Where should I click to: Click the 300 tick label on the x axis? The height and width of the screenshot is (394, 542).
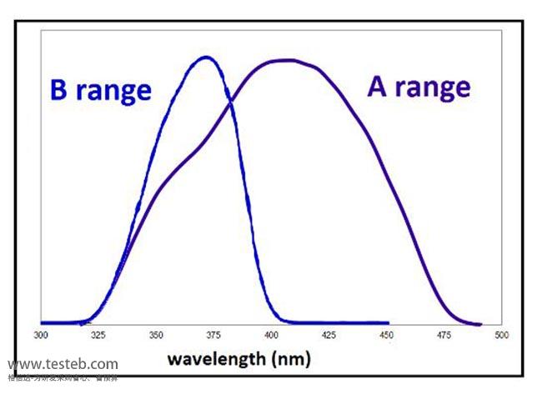coord(40,335)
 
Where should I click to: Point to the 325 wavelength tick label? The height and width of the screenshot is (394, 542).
coord(98,335)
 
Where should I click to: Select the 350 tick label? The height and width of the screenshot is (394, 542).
coord(155,335)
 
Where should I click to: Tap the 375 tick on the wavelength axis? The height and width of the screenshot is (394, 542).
coord(213,335)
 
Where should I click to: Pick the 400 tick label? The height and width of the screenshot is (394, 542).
coord(270,335)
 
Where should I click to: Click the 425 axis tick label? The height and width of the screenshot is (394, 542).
coord(328,335)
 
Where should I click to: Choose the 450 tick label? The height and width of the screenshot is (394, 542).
coord(386,335)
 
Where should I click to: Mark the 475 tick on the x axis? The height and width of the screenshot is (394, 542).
coord(444,335)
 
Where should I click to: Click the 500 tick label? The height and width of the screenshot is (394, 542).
coord(501,335)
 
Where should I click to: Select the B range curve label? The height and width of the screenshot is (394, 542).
coord(100,91)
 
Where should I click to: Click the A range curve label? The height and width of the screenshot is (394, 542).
coord(419,86)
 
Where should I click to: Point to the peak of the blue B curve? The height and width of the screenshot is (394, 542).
coord(207,57)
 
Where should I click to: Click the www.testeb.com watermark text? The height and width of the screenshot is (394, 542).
coord(63,364)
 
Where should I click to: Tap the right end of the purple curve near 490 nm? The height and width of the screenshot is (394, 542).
coord(481,325)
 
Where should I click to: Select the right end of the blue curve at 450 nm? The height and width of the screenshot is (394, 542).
coord(388,322)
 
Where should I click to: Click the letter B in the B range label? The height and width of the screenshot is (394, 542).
coord(58,91)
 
